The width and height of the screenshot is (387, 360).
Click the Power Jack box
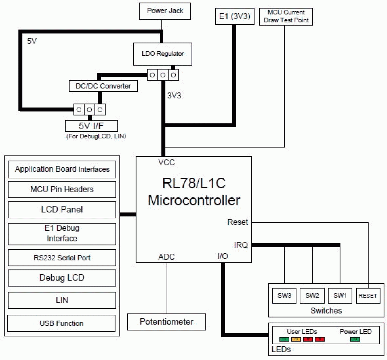pyautogui.click(x=165, y=11)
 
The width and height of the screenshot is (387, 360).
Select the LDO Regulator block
pyautogui.click(x=162, y=54)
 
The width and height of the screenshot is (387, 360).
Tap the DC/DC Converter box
pyautogui.click(x=103, y=86)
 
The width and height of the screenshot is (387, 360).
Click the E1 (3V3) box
pyautogui.click(x=234, y=16)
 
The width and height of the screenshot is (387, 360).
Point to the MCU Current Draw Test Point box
pyautogui.click(x=286, y=17)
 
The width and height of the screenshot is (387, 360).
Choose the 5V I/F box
pyautogui.click(x=91, y=126)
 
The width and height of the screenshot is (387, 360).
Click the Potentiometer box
pyautogui.click(x=166, y=322)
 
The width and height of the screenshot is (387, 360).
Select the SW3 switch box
pyautogui.click(x=284, y=296)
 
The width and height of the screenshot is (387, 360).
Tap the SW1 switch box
pyautogui.click(x=340, y=296)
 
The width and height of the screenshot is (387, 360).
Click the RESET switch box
pyautogui.click(x=368, y=296)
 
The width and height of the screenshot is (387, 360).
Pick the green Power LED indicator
pyautogui.click(x=355, y=339)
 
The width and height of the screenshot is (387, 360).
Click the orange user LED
pyautogui.click(x=296, y=339)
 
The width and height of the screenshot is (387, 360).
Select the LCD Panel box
pyautogui.click(x=62, y=210)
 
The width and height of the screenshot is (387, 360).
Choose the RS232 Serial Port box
pyautogui.click(x=62, y=258)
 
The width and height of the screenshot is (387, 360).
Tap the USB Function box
pyautogui.click(x=61, y=323)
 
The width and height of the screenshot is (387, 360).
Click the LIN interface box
pyautogui.click(x=62, y=300)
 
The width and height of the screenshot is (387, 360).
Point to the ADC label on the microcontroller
pyautogui.click(x=166, y=257)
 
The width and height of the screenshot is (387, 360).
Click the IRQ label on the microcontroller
pyautogui.click(x=241, y=245)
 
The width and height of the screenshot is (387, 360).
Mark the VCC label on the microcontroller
pyautogui.click(x=166, y=163)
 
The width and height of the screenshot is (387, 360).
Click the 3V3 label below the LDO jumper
pyautogui.click(x=174, y=96)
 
